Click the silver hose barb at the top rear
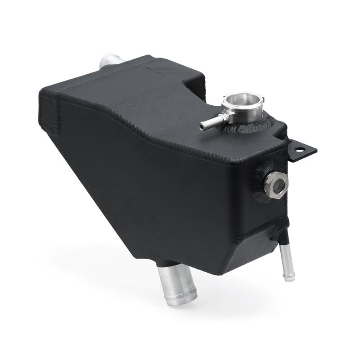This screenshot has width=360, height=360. (108, 62)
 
